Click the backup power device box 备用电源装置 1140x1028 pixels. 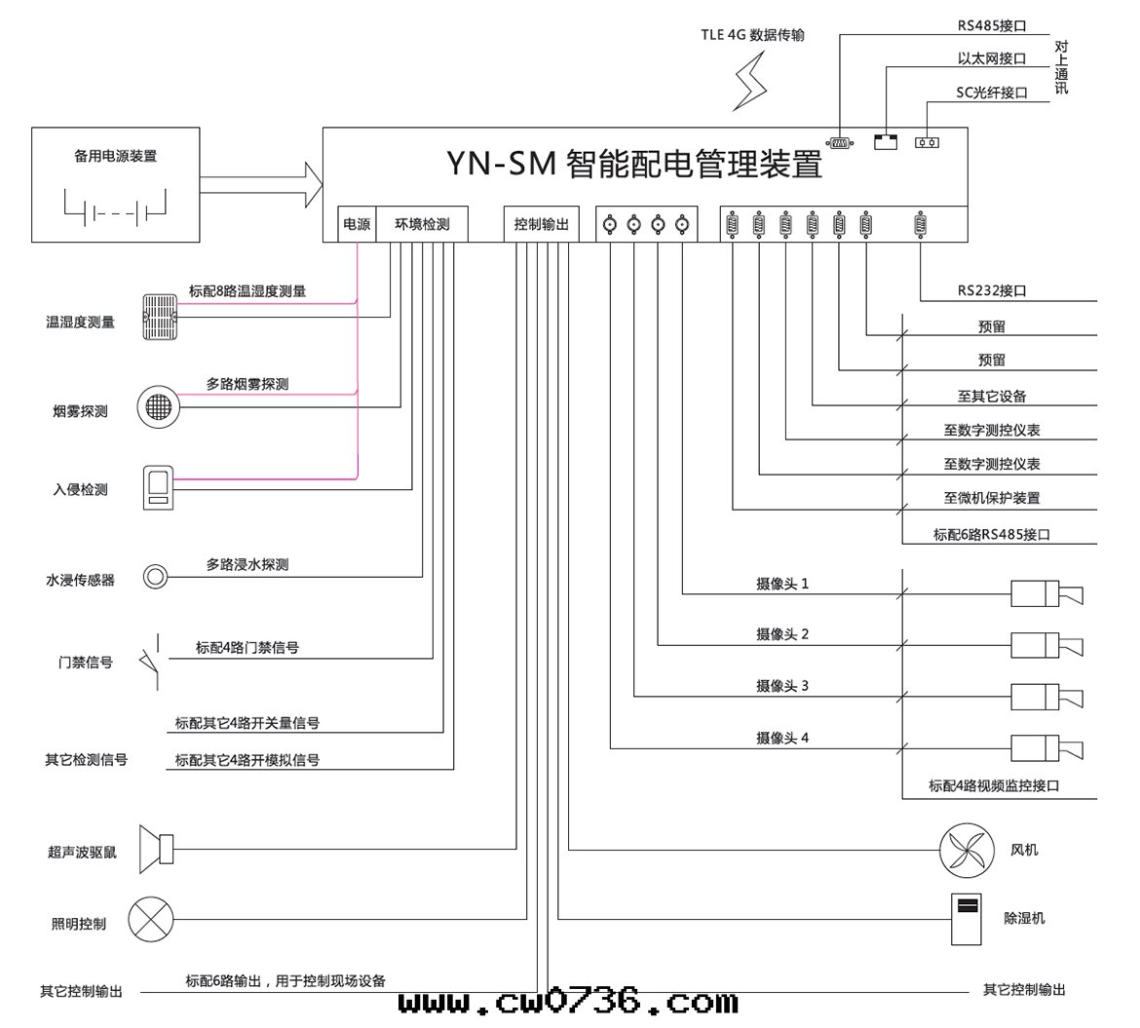coord(116,184)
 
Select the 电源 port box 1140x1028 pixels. coord(357,224)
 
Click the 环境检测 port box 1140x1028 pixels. coord(422,224)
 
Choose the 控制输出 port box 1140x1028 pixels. coord(542,224)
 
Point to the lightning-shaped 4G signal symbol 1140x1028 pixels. coord(749,81)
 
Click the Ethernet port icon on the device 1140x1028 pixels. coord(885,142)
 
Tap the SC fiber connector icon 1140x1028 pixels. coord(927,142)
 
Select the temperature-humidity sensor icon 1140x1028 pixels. coord(161,317)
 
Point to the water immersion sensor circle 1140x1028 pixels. coord(155,577)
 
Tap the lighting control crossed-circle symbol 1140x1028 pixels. coord(151,919)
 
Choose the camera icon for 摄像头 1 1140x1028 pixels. coord(1046,592)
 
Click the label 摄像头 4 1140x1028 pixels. coord(782,739)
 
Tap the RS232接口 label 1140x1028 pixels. coord(992,290)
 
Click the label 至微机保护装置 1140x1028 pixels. coord(992,498)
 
